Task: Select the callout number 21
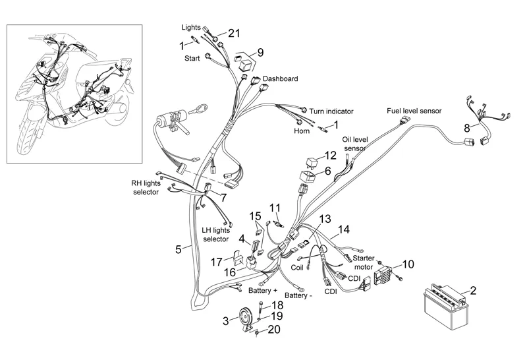tap(235, 32)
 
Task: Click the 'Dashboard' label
tap(280, 78)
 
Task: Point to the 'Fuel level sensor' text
tap(414, 110)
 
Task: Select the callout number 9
tap(260, 52)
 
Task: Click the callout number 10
tap(408, 264)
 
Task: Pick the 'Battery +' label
tap(263, 290)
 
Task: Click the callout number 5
tap(178, 249)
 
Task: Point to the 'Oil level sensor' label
tap(354, 144)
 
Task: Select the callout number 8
tap(466, 127)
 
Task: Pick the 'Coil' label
tap(297, 268)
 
